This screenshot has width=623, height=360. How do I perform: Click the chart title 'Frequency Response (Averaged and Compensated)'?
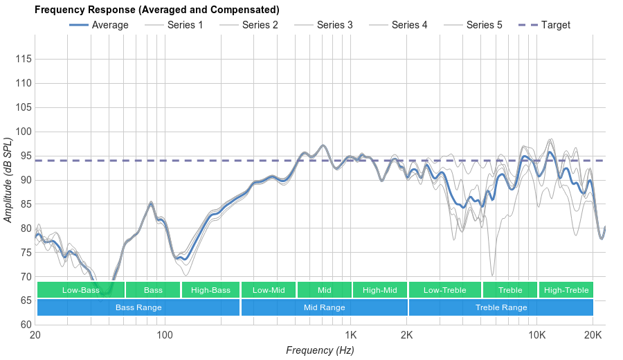pos(156,10)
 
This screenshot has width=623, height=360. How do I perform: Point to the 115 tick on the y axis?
pos(24,60)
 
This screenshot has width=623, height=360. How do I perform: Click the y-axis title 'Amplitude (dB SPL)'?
pos(9,180)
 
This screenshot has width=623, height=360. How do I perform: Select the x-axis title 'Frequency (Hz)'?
pos(320,350)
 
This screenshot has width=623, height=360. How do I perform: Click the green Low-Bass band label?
pos(81,290)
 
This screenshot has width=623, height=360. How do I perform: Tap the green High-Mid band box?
pos(380,290)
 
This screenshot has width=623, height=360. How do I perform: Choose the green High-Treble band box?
pos(566,290)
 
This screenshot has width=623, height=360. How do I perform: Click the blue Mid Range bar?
pos(324,307)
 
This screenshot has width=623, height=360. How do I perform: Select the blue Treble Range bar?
pos(501,307)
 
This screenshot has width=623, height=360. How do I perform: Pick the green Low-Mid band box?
pos(269,290)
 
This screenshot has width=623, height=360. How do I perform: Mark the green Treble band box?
pos(510,290)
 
